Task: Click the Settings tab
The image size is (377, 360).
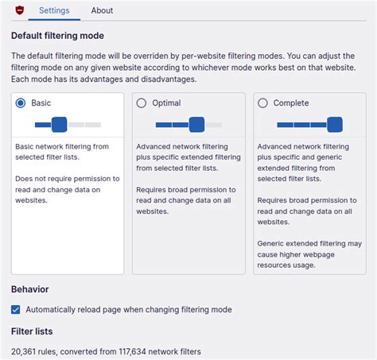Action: (x=54, y=10)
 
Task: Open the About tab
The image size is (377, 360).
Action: (x=102, y=10)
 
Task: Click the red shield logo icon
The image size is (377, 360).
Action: (x=20, y=10)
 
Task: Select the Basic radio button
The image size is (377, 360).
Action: (x=21, y=103)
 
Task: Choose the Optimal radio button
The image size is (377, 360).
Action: (x=142, y=103)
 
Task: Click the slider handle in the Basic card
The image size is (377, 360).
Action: (x=59, y=124)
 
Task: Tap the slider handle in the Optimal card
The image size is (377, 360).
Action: (x=196, y=124)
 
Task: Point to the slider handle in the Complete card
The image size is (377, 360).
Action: (x=335, y=124)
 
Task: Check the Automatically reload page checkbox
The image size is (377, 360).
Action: (x=16, y=309)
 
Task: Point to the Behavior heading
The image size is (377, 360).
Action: (x=30, y=289)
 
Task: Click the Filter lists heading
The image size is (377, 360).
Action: (x=32, y=331)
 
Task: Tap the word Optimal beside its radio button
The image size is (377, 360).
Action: (x=165, y=103)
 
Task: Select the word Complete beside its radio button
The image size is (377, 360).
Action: (x=290, y=103)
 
